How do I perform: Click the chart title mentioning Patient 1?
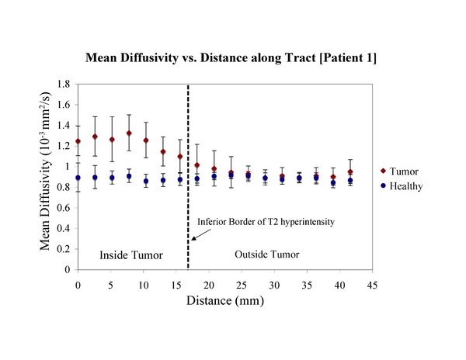tap(233, 59)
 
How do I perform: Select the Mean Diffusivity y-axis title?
tap(48, 177)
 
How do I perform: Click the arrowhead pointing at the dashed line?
tap(193, 237)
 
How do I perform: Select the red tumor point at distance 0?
tap(78, 142)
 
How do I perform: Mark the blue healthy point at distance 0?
tap(78, 178)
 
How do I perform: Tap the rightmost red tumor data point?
tap(350, 172)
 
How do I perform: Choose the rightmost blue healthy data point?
tap(350, 181)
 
